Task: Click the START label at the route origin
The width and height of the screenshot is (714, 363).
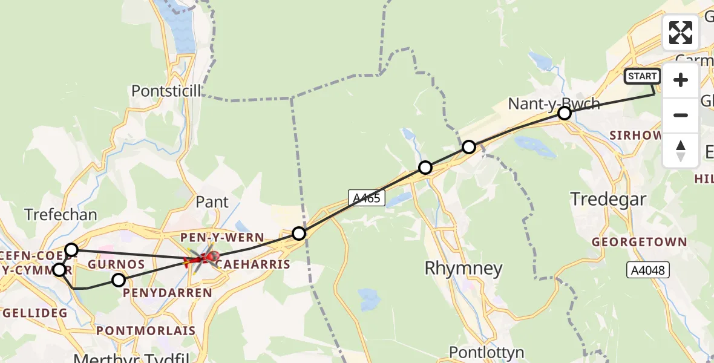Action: (642, 76)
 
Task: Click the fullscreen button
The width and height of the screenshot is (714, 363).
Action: (681, 33)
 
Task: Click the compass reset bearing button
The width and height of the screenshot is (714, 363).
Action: (681, 151)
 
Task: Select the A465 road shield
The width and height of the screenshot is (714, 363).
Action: (367, 197)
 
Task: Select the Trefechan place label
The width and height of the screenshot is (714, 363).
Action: (61, 214)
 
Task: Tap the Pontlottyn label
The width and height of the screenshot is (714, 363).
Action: (487, 352)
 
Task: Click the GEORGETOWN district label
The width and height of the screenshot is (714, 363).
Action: (640, 242)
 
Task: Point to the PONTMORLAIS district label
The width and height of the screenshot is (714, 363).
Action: (146, 330)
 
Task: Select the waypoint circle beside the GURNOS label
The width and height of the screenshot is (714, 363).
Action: (119, 280)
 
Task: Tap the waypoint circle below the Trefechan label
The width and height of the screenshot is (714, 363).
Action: (71, 249)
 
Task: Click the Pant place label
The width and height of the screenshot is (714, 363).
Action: (212, 201)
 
